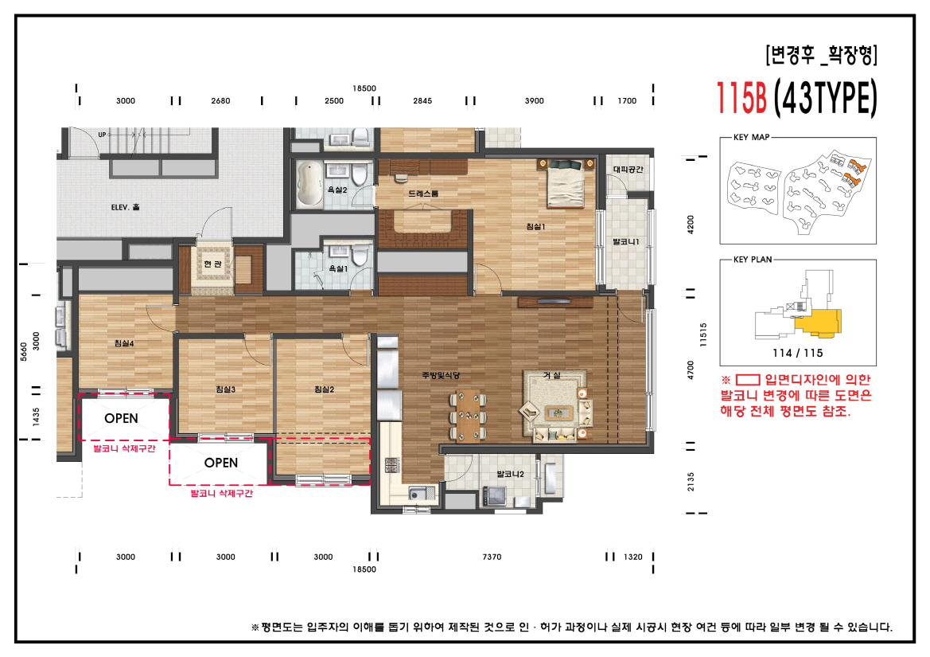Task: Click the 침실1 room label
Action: click(535, 227)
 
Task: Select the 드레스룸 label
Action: click(423, 194)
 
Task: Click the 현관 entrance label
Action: click(212, 264)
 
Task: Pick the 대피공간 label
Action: click(627, 169)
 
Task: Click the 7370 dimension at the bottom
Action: click(492, 557)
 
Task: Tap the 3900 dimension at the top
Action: click(535, 101)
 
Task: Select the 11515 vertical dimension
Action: click(703, 332)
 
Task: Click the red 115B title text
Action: click(741, 99)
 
